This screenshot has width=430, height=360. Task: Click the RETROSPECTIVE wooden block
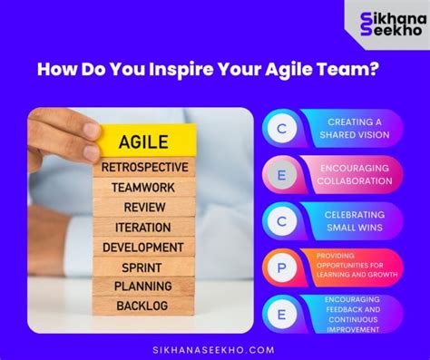[x=145, y=167]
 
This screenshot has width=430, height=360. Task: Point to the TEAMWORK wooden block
[x=143, y=187]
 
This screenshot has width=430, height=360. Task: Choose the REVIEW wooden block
[x=144, y=207]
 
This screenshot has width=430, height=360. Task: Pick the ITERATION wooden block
[x=143, y=227]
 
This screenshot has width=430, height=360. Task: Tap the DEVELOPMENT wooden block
[x=143, y=247]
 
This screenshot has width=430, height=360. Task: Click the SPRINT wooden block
[x=143, y=267]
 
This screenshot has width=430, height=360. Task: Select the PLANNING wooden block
[x=143, y=286]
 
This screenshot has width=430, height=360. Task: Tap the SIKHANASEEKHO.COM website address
[x=214, y=347]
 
